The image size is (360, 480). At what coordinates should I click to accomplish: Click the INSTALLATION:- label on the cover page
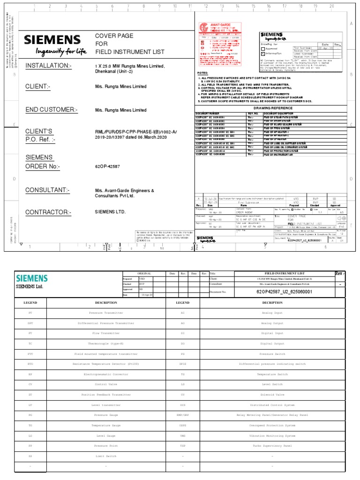click(x=48, y=65)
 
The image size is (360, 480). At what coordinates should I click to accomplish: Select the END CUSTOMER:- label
click(x=52, y=110)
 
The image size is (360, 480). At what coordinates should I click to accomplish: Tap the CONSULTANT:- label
click(x=47, y=190)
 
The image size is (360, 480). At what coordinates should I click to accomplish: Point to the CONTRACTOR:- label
click(x=48, y=212)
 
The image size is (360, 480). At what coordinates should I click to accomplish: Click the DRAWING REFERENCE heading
click(x=272, y=107)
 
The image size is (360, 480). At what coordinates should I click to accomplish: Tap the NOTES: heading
click(x=202, y=73)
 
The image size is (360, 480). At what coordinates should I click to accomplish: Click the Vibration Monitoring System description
click(x=272, y=436)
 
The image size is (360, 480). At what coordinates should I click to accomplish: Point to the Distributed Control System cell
click(x=272, y=405)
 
